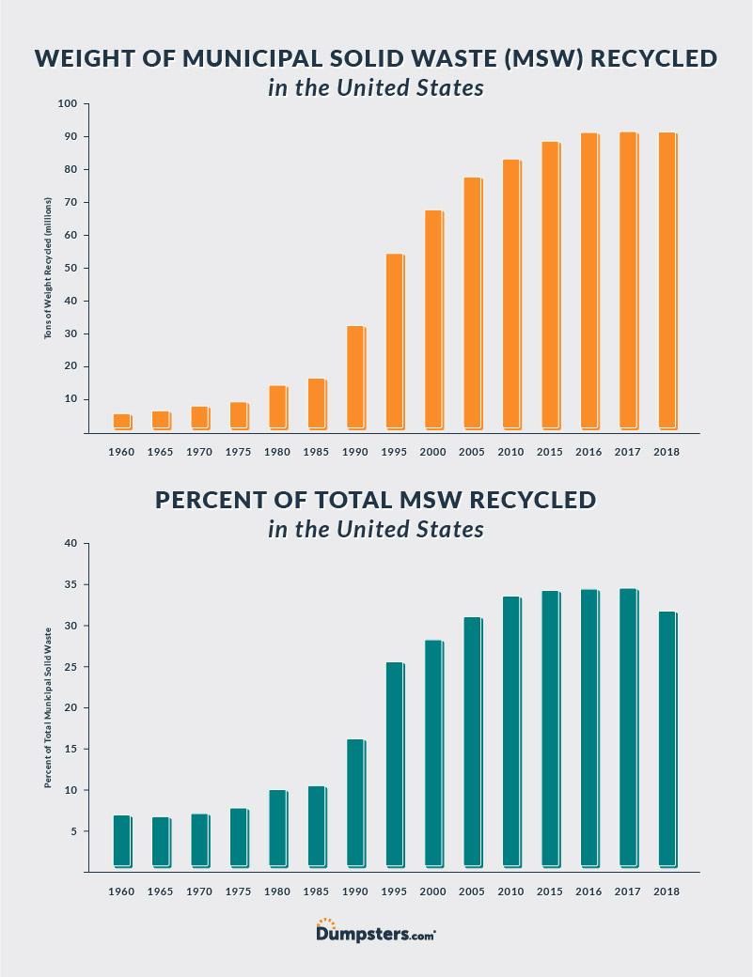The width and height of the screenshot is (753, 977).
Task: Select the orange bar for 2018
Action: (x=667, y=281)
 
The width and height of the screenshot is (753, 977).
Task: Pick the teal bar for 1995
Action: (x=394, y=765)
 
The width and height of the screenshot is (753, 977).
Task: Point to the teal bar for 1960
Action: (x=121, y=841)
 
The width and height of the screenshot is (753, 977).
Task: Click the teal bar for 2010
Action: (x=510, y=732)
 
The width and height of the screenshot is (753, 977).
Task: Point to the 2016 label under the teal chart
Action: (x=588, y=892)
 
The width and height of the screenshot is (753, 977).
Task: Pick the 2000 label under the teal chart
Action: (x=433, y=892)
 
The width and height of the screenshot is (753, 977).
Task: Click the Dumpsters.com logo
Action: (x=376, y=932)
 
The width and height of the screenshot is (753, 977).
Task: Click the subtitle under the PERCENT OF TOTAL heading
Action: (x=376, y=529)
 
